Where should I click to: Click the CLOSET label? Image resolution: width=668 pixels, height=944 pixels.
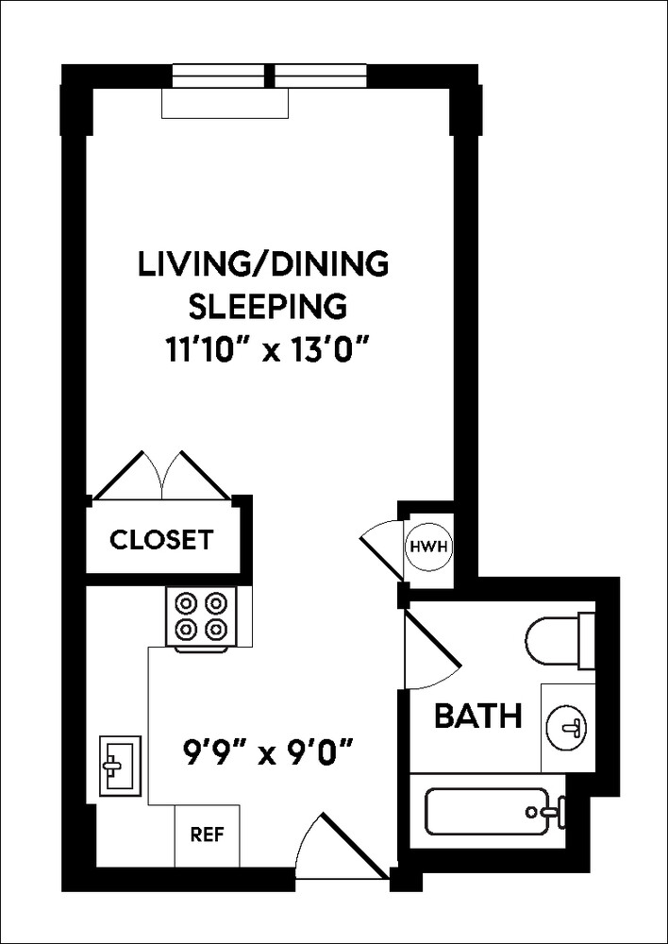(161, 541)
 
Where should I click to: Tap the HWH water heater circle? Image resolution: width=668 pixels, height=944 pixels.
(417, 547)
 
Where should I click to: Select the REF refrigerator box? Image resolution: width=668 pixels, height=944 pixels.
(207, 834)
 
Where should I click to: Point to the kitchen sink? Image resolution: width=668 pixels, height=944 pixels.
(120, 764)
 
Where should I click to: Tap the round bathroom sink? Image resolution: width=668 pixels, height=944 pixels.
(569, 728)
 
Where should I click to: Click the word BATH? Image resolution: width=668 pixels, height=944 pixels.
(477, 716)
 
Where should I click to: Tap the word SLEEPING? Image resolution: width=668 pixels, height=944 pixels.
(263, 308)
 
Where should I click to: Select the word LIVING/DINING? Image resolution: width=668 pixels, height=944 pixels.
(263, 264)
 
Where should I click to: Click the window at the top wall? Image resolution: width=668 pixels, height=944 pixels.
(270, 75)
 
